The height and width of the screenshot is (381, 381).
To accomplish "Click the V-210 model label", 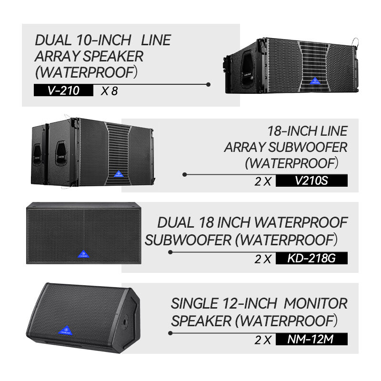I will [63, 90].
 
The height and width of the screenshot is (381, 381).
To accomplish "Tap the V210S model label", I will [311, 181].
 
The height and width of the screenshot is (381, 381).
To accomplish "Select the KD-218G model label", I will [311, 259].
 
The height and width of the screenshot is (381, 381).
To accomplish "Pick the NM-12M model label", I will [311, 340].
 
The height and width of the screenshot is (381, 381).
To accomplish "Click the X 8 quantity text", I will [109, 90].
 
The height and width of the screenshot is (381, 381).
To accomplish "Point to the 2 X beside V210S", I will [263, 181].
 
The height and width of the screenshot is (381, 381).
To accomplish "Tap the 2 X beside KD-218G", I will [263, 259].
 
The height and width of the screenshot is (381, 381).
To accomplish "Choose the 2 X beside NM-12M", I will [263, 340].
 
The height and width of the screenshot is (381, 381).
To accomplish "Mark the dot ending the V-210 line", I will [208, 84].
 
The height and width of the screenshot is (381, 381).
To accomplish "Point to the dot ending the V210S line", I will [185, 175].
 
